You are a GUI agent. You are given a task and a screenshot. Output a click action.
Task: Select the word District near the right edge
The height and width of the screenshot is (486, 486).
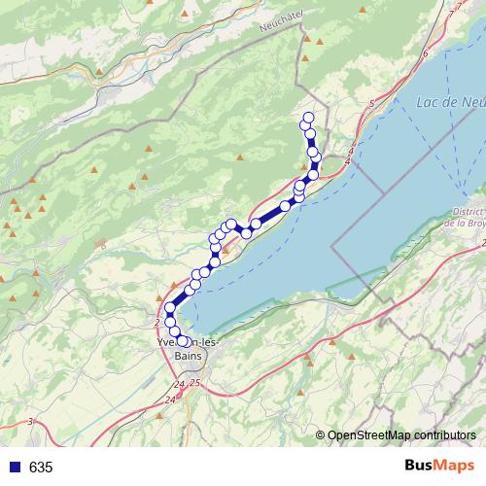tap(469, 212)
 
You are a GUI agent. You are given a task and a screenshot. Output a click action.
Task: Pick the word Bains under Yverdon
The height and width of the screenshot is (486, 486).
tap(189, 356)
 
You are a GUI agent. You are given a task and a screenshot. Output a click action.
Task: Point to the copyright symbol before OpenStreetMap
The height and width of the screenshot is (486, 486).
tap(320, 435)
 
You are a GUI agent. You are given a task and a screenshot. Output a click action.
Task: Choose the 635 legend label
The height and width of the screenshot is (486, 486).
tap(41, 468)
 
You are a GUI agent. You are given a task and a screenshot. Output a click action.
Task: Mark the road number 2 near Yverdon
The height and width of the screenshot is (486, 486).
tap(156, 321)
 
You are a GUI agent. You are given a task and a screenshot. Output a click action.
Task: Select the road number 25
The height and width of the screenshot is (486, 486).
tap(194, 385)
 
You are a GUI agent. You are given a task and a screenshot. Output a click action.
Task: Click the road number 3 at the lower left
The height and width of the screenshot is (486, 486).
tap(31, 421)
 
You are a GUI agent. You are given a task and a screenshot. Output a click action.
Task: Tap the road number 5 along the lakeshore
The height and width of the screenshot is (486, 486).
tap(371, 103)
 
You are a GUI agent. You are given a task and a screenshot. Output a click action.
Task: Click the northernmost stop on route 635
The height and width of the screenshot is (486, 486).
tap(308, 118)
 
